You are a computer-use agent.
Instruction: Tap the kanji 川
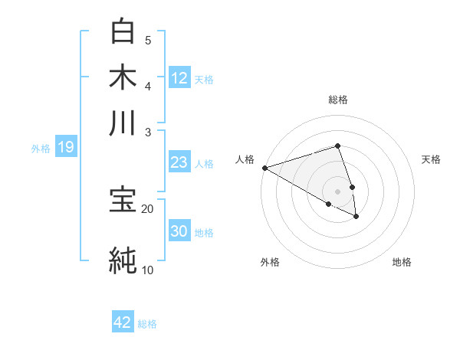pyautogui.click(x=123, y=122)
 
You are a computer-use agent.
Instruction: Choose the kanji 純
pyautogui.click(x=123, y=260)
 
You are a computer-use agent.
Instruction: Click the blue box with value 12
pyautogui.click(x=179, y=77)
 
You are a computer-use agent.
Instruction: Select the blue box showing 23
pyautogui.click(x=179, y=162)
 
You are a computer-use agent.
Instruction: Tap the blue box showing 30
pyautogui.click(x=179, y=231)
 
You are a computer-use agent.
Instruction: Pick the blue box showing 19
pyautogui.click(x=66, y=147)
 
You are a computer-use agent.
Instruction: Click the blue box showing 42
pyautogui.click(x=123, y=322)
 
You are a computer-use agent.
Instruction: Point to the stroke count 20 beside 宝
pyautogui.click(x=147, y=208)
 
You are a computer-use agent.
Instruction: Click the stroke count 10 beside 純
pyautogui.click(x=147, y=270)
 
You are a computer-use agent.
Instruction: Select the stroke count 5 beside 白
pyautogui.click(x=148, y=40)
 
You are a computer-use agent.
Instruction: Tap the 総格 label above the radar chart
pyautogui.click(x=338, y=100)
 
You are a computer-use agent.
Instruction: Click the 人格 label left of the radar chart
pyautogui.click(x=245, y=159)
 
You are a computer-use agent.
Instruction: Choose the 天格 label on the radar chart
pyautogui.click(x=431, y=159)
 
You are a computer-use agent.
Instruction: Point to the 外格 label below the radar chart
pyautogui.click(x=270, y=262)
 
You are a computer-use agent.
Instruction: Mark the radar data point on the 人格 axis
pyautogui.click(x=264, y=167)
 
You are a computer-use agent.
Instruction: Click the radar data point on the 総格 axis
pyautogui.click(x=338, y=146)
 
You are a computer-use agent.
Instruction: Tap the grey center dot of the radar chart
pyautogui.click(x=338, y=191)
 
